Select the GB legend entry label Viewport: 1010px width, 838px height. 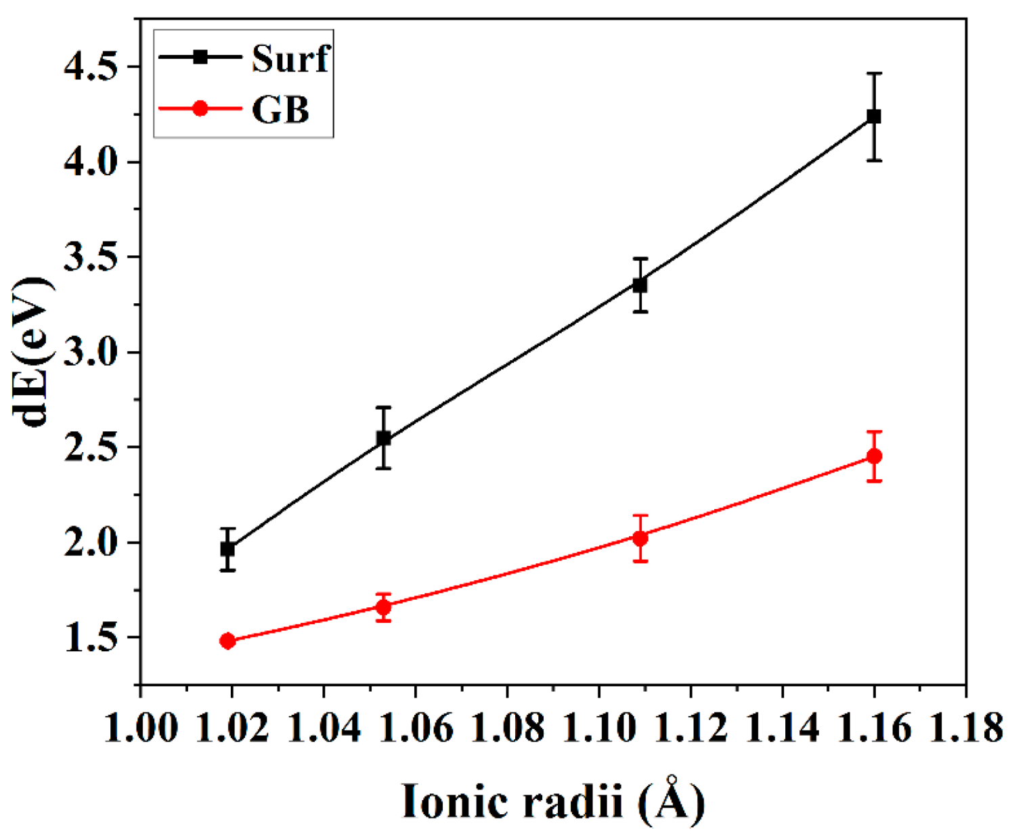280,109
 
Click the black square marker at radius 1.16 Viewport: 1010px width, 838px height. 874,116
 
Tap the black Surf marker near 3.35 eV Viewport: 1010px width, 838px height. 640,285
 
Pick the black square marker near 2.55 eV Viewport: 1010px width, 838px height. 383,438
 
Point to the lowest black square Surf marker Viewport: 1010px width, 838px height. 227,549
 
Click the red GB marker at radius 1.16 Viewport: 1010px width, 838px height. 874,456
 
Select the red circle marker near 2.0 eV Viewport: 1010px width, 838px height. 640,538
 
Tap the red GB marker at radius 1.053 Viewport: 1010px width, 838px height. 383,607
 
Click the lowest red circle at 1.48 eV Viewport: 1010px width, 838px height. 227,641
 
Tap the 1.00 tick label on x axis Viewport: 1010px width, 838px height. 141,728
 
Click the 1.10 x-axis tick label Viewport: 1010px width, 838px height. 599,728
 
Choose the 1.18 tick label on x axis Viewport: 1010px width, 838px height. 964,728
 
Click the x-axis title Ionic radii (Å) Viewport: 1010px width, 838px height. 553,801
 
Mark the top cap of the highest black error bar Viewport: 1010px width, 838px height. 874,73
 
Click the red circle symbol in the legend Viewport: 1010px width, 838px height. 200,108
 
